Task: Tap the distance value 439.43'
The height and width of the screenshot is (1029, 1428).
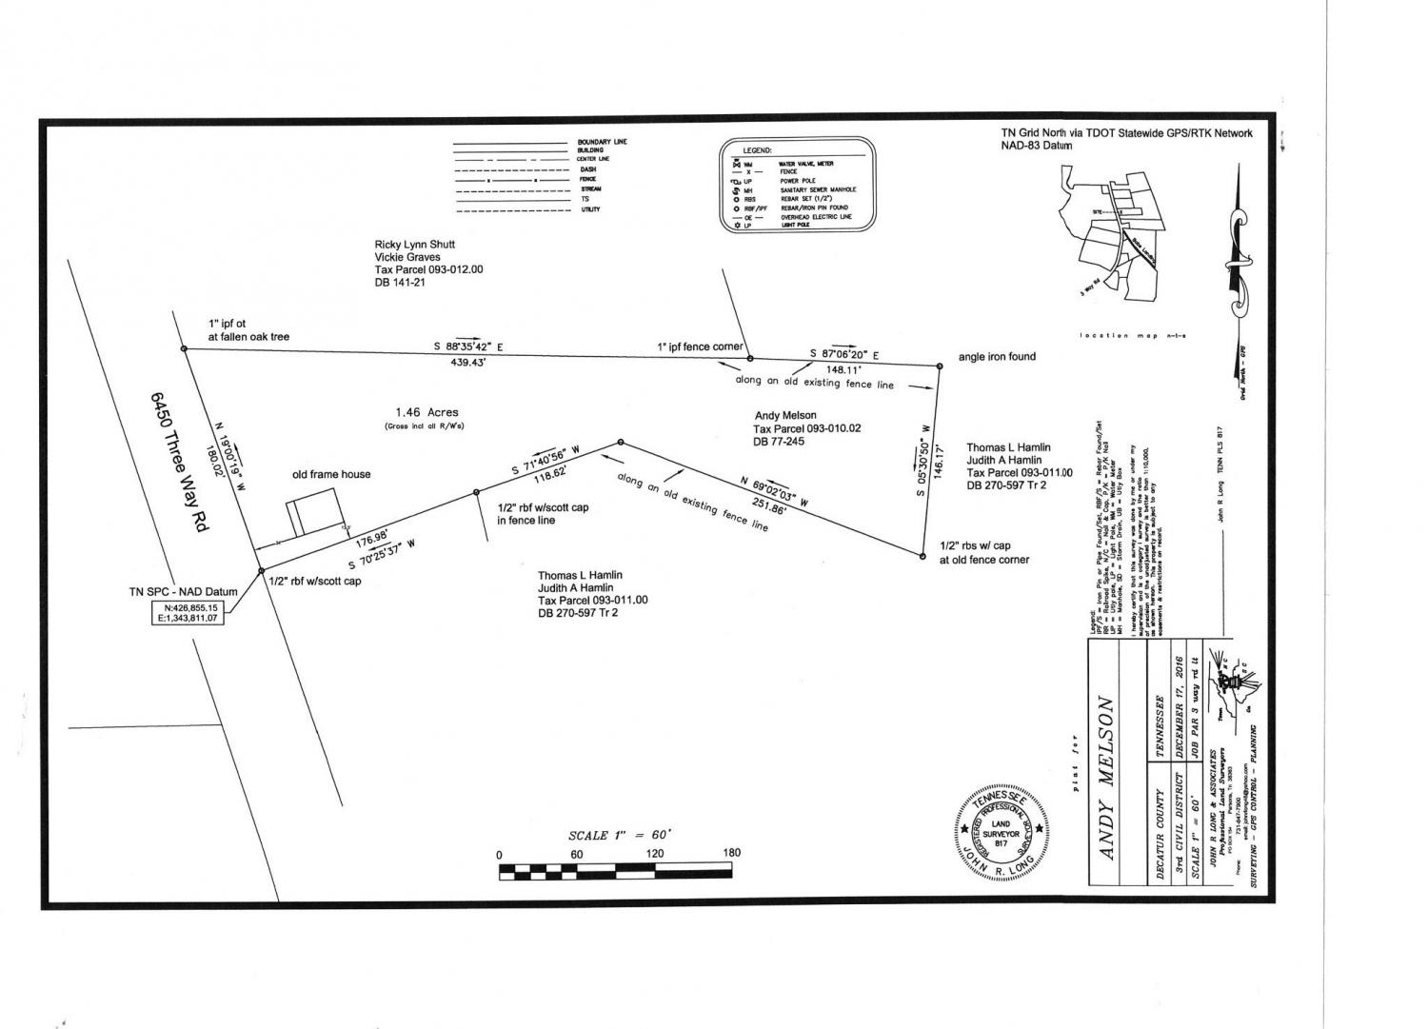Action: [469, 363]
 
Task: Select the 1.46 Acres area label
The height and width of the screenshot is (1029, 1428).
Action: [427, 412]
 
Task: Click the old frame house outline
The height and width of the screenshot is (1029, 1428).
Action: [315, 511]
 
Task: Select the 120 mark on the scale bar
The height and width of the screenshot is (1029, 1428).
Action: [655, 854]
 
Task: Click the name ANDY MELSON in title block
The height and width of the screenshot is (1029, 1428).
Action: [1106, 778]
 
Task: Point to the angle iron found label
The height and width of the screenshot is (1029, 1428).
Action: [997, 357]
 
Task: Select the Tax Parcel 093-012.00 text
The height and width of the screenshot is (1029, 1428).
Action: [428, 269]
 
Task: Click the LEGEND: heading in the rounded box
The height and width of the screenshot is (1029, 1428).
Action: [758, 150]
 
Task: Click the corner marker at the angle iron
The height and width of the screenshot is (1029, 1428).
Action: [938, 365]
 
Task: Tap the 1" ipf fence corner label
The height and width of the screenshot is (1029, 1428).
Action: [700, 346]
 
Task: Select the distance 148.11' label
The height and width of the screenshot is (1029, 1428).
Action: [843, 369]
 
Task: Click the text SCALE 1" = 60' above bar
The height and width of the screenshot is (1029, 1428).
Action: [620, 835]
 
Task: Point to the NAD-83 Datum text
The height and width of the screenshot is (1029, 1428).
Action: [1036, 146]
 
